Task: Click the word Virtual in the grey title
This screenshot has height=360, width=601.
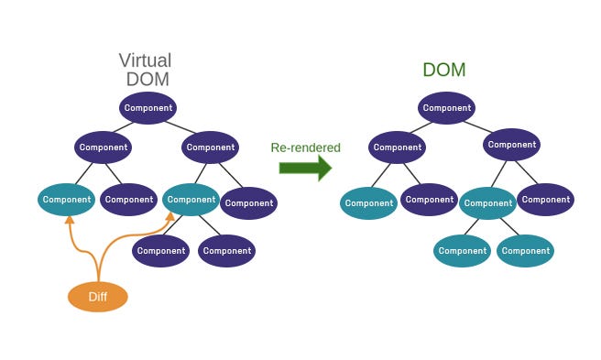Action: pos(145,60)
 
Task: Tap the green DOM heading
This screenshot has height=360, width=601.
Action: pos(444,70)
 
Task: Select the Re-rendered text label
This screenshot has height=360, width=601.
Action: pos(305,147)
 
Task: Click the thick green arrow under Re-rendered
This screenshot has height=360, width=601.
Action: pos(305,168)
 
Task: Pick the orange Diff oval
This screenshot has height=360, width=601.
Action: pos(98,297)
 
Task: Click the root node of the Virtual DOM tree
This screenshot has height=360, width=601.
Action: pos(147,108)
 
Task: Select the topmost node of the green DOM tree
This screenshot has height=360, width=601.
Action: pos(447,108)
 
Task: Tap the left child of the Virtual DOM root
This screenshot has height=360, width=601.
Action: pos(104,147)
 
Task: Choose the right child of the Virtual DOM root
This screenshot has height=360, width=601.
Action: pos(210,147)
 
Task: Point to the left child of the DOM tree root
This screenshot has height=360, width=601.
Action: pos(398,147)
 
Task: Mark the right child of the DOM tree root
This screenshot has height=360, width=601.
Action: pos(511,145)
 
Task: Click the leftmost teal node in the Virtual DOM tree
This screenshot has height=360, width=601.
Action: pos(67,199)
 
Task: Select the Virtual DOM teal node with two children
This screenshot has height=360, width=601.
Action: pos(191,199)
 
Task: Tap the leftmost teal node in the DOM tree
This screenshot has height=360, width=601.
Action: pos(368,203)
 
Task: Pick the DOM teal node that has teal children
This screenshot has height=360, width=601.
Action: pos(487,203)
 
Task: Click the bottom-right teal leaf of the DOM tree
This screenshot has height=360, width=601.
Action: pos(526,251)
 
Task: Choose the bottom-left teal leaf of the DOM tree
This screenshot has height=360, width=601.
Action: pos(462,251)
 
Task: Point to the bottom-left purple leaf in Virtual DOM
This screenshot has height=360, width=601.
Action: pos(160,251)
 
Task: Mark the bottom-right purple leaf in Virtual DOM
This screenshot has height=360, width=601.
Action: pos(226,251)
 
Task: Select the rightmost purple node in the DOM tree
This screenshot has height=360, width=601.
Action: pos(546,199)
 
